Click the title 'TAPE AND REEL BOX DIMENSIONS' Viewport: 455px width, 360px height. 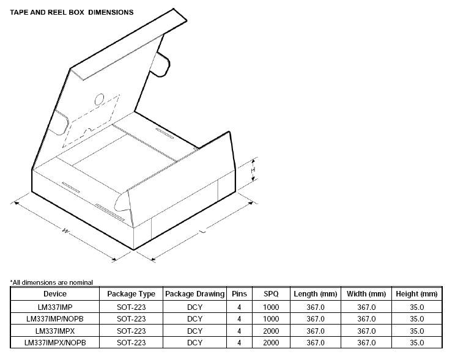coord(72,12)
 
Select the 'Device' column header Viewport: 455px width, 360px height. coord(54,294)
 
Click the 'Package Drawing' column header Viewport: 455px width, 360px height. coord(194,294)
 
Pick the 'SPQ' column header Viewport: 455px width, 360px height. coord(271,294)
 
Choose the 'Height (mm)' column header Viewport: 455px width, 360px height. coord(416,294)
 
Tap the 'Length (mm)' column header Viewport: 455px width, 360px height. coord(314,294)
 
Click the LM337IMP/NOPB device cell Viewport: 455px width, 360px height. coord(54,318)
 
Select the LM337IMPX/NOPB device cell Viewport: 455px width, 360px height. coord(54,343)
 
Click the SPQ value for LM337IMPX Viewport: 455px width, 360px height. coord(271,331)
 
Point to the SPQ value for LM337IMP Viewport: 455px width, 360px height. coord(271,306)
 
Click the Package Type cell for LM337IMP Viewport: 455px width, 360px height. coord(131,306)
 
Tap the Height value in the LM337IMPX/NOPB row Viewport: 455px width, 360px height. coord(416,343)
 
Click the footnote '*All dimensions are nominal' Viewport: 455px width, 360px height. coord(51,282)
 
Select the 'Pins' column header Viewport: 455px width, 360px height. coord(239,294)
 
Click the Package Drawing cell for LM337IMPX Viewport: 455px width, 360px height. coord(194,331)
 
